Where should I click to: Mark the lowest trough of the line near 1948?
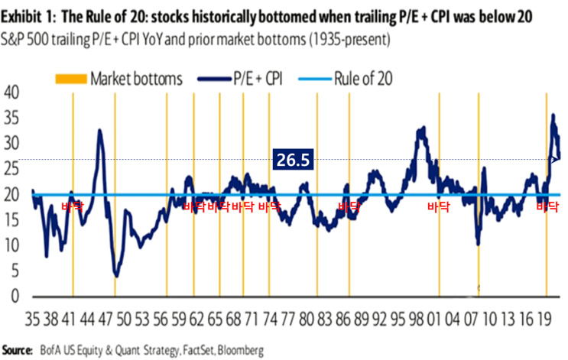[115, 275]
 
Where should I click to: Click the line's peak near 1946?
[99, 131]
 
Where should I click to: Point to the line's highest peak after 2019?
[553, 115]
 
